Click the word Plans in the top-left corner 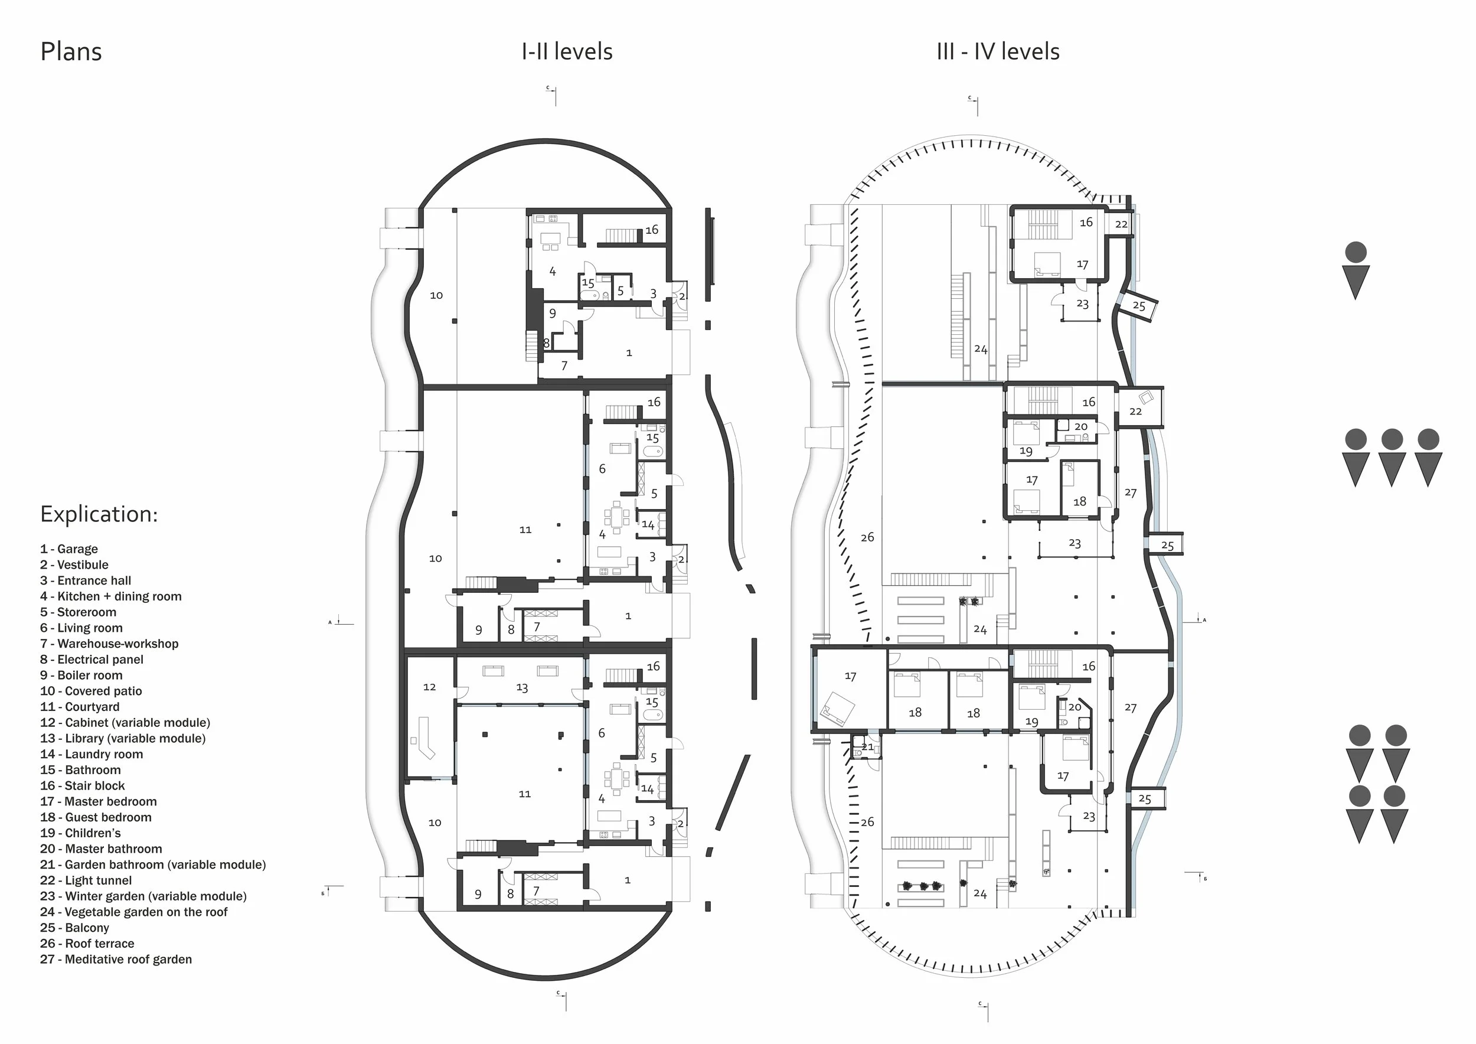click(71, 51)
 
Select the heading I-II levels click(566, 51)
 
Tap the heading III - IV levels click(998, 51)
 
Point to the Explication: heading click(99, 514)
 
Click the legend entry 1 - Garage click(69, 549)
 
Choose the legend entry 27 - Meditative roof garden click(116, 959)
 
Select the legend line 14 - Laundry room click(92, 754)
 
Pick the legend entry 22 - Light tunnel click(86, 880)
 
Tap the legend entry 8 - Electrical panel click(92, 660)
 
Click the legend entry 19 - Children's click(80, 833)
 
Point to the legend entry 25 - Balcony click(74, 928)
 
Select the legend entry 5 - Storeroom click(78, 612)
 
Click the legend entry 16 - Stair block click(82, 785)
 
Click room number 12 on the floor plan click(429, 687)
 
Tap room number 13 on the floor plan click(522, 688)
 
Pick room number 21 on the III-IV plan click(867, 747)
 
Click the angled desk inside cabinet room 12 click(425, 740)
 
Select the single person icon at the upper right click(1356, 270)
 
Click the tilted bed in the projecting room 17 click(838, 709)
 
